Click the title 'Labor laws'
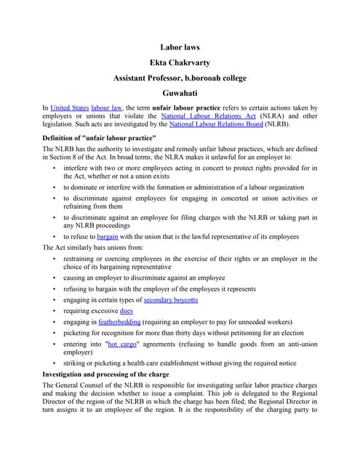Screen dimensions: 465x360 pyautogui.click(x=180, y=47)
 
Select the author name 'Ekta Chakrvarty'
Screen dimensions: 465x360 pyautogui.click(x=180, y=62)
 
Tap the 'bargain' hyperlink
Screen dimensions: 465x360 pyautogui.click(x=107, y=237)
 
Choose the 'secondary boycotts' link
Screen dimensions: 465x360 pyautogui.click(x=171, y=299)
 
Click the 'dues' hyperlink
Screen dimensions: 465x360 pyautogui.click(x=126, y=310)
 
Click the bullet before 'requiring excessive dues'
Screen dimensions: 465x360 pyautogui.click(x=55, y=310)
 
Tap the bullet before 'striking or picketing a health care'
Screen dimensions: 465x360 pyautogui.click(x=55, y=363)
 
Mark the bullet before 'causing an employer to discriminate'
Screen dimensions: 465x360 pyautogui.click(x=55, y=278)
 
